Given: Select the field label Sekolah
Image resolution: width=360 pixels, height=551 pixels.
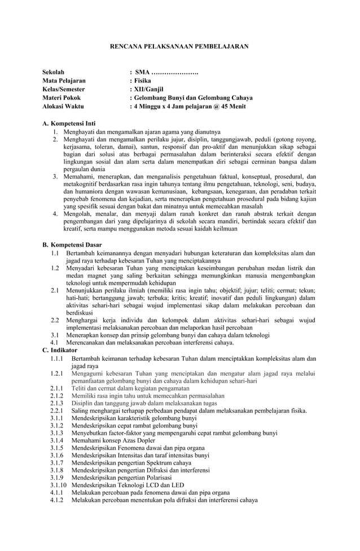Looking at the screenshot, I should [54, 72].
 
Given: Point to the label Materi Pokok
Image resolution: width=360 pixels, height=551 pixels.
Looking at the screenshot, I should [62, 98].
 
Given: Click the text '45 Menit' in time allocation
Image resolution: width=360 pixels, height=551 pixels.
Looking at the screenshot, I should [232, 106].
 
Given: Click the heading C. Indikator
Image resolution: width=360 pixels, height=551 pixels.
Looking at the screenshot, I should [60, 350].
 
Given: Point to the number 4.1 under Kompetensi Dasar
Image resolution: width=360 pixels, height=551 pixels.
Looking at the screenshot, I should [55, 342].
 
